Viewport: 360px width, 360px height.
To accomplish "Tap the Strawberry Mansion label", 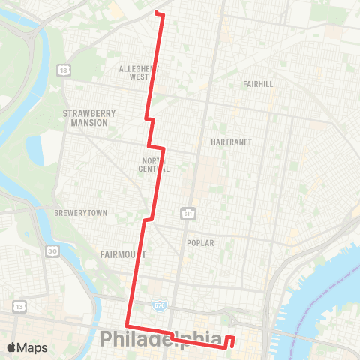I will (x=89, y=118).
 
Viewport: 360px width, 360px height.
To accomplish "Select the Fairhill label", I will (x=257, y=84).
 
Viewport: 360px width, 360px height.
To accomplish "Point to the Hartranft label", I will (x=231, y=141).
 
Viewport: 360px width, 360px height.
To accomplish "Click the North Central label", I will (x=155, y=164).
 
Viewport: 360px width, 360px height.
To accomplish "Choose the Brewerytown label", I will (x=81, y=213).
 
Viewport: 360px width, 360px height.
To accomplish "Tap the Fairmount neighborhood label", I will (x=123, y=254).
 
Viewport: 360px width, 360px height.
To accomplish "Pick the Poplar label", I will (x=201, y=243).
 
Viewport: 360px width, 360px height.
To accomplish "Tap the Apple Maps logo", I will (x=27, y=347).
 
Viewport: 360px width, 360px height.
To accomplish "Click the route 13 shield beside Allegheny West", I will (x=66, y=70).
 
